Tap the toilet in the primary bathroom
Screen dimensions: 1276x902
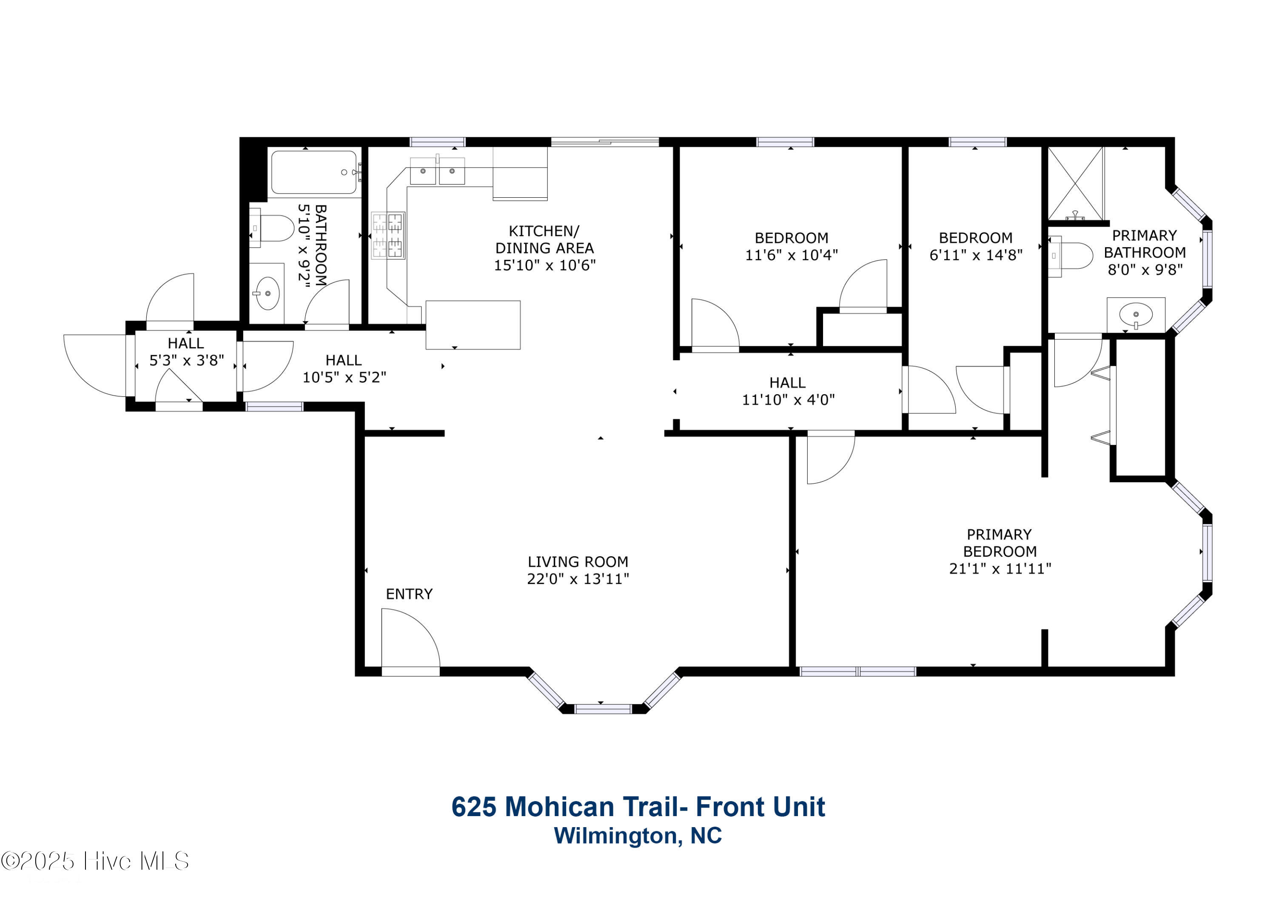click(x=1071, y=256)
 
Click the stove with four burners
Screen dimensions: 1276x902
click(x=388, y=236)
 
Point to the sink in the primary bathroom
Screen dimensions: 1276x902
click(x=1135, y=315)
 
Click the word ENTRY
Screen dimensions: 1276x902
click(x=409, y=594)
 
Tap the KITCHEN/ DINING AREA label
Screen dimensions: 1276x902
click(x=544, y=239)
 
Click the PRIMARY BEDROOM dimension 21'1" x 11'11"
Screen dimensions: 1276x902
click(x=1000, y=569)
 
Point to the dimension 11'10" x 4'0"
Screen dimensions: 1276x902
click(x=789, y=400)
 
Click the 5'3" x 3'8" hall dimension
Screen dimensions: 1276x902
click(x=187, y=361)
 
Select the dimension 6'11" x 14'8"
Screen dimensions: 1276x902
click(x=976, y=255)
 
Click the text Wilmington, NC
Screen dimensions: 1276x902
click(x=638, y=835)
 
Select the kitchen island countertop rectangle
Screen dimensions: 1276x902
click(x=473, y=325)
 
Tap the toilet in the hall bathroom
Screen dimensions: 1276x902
click(x=271, y=228)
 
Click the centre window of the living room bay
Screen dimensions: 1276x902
click(x=603, y=709)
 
